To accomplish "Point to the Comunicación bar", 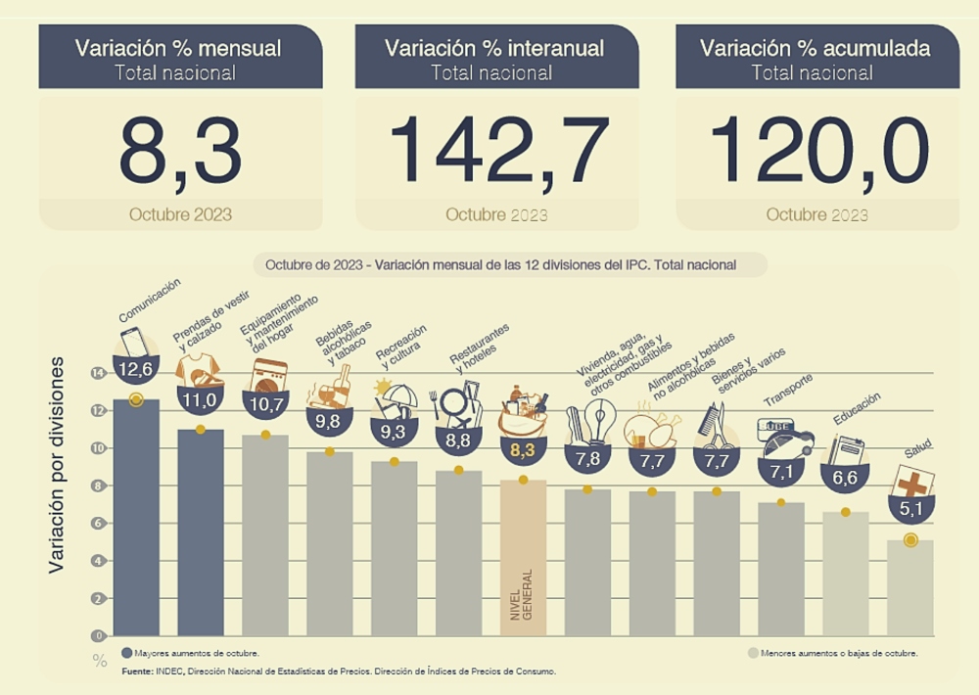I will coord(136,519).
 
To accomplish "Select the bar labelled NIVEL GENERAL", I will coord(523,558).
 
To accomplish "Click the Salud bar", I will coord(910,587).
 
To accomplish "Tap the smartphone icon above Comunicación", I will coord(133,343).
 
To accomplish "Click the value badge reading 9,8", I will coord(329,421).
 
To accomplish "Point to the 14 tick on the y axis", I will coord(97,373).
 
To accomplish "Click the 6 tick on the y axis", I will coord(97,524).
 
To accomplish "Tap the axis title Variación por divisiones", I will coord(58,465).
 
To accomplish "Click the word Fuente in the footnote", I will coord(136,672).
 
